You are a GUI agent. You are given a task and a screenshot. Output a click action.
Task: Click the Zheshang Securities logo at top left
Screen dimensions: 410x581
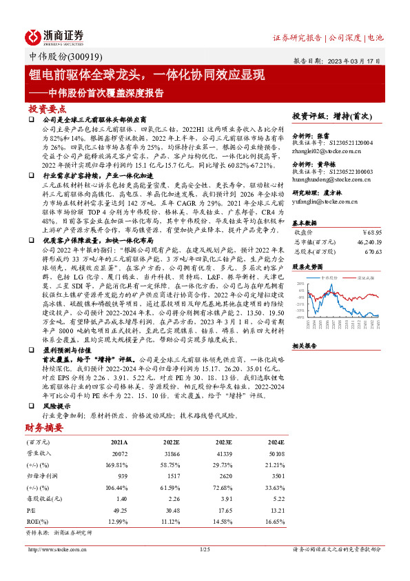point(54,36)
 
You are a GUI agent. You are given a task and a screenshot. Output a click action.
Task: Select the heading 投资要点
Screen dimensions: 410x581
point(48,110)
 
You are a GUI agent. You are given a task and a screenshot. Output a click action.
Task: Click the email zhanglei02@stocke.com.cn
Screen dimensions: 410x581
point(324,150)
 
